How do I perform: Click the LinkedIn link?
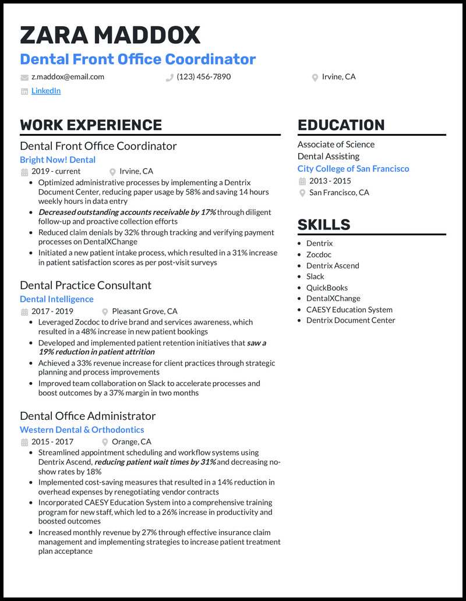tap(46, 91)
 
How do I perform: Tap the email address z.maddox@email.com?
tap(68, 77)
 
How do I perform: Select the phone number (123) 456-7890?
tap(203, 77)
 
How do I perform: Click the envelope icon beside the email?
tap(24, 77)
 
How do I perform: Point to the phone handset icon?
tap(170, 77)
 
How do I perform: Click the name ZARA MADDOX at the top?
tap(110, 36)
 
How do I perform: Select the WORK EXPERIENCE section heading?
tap(91, 125)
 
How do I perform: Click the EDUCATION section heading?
tap(341, 125)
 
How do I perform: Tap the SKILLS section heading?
tap(324, 225)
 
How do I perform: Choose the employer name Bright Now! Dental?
tap(58, 160)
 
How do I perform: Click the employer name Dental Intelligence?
tap(57, 299)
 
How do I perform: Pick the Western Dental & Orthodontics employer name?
tap(82, 430)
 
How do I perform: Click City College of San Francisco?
tap(353, 169)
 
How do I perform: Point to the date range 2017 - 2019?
tap(52, 312)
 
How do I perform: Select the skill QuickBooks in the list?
tap(327, 288)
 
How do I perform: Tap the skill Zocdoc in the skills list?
tap(319, 254)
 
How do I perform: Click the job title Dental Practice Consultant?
tap(86, 285)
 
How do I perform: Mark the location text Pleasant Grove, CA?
tap(144, 312)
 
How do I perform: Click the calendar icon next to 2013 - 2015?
tap(302, 181)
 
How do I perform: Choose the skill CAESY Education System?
tap(349, 310)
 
